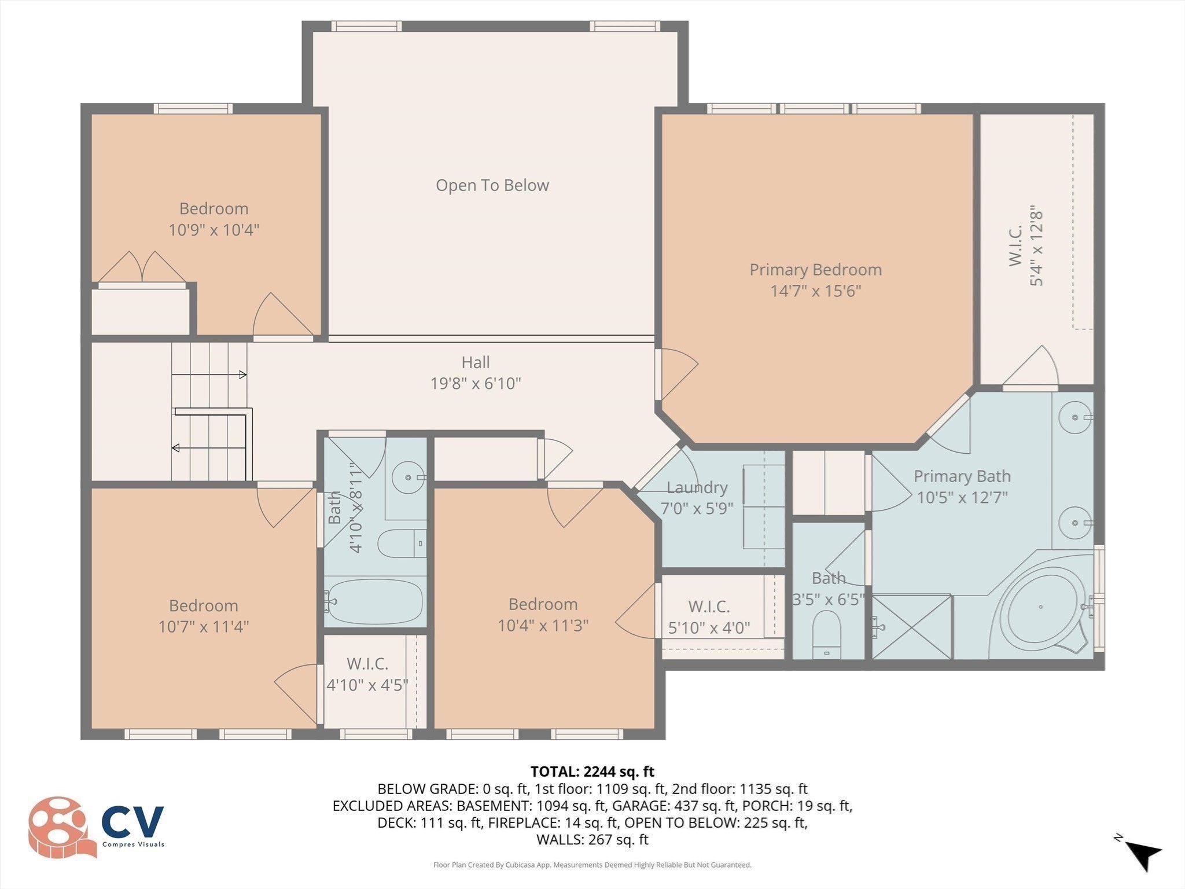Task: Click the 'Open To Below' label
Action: [492, 185]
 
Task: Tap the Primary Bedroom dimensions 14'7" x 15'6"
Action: [815, 291]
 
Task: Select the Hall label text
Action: [475, 362]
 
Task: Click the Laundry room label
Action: [697, 487]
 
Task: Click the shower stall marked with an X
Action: [911, 626]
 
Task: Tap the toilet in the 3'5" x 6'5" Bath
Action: [826, 634]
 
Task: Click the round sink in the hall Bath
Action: [408, 477]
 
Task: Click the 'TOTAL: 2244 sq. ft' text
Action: [592, 772]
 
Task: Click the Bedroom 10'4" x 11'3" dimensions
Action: [543, 625]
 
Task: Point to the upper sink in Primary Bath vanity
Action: [1075, 417]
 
